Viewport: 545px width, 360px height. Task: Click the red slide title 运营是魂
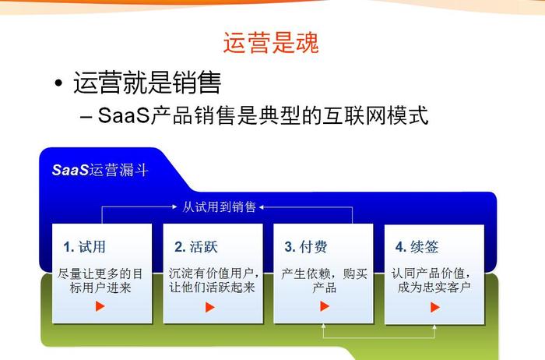[x=271, y=43]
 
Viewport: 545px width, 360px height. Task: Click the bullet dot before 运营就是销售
[x=58, y=83]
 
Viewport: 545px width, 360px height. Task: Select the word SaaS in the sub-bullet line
[x=123, y=115]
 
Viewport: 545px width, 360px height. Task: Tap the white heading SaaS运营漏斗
[x=100, y=170]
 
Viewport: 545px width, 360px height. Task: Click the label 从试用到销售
[x=219, y=207]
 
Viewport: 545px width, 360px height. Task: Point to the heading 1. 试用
[x=84, y=247]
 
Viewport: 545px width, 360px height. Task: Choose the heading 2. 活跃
[x=196, y=247]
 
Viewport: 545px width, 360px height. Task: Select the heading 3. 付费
[x=306, y=247]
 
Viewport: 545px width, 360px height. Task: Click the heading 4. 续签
[x=417, y=247]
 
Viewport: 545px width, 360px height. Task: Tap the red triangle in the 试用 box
[x=100, y=306]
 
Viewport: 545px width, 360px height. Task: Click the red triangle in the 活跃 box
[x=210, y=308]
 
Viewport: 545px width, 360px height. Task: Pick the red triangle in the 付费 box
[x=325, y=306]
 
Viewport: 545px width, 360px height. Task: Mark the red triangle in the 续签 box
[x=435, y=308]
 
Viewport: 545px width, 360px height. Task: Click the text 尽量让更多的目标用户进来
[x=100, y=281]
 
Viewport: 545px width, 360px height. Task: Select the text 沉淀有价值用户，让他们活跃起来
[x=213, y=281]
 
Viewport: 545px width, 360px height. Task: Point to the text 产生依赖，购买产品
[x=324, y=281]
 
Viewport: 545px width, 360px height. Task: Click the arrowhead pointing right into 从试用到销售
[x=175, y=207]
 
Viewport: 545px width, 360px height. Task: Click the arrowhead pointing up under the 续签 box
[x=434, y=326]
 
